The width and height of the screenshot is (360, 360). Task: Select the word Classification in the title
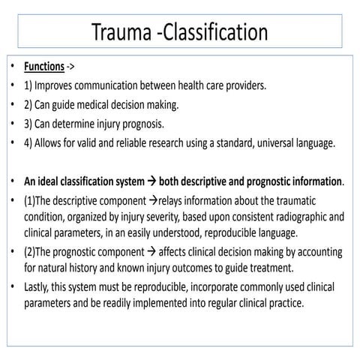tap(217, 32)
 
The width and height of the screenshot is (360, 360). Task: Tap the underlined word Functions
tap(43, 67)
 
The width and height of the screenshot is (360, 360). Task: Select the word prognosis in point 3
tap(160, 123)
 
